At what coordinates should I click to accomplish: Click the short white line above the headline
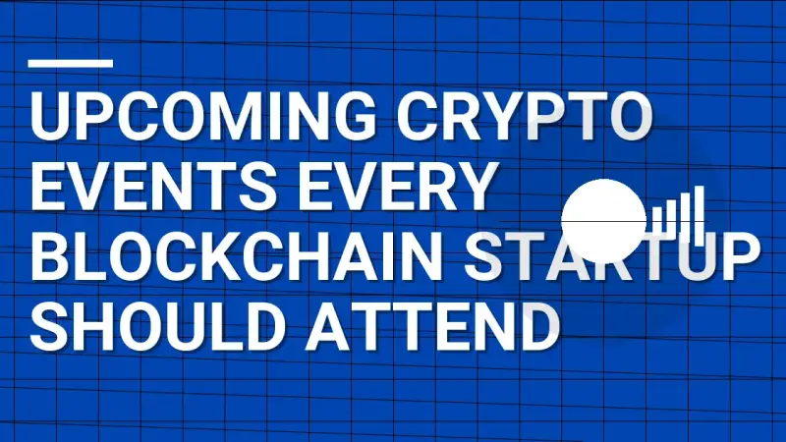[72, 64]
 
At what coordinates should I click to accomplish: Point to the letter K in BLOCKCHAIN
[241, 258]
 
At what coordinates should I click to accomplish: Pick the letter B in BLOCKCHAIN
[50, 258]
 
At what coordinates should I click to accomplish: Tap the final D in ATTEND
[538, 327]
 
